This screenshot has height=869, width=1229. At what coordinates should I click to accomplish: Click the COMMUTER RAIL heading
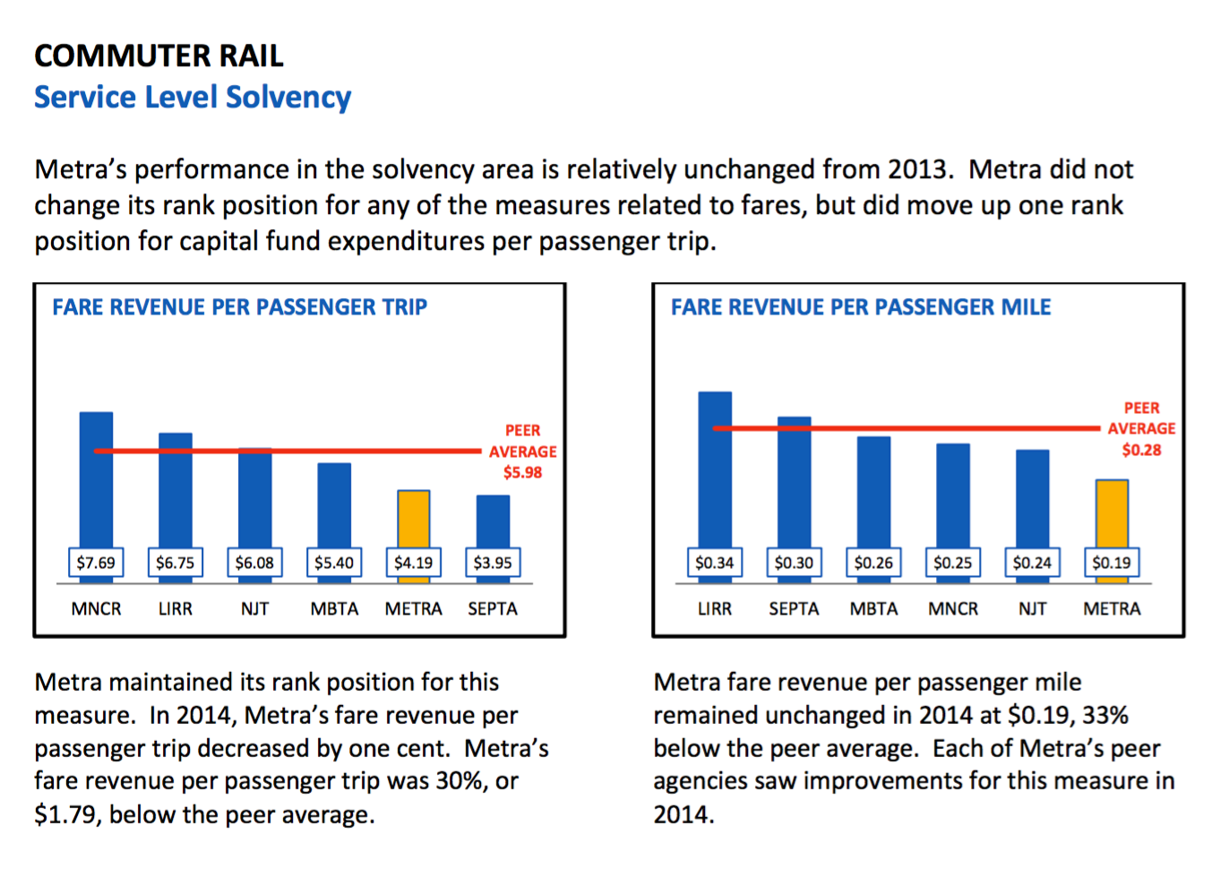point(159,56)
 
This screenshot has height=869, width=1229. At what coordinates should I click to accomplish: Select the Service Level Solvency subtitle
point(193,97)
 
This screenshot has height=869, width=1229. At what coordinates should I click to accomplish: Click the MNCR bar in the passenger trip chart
point(96,479)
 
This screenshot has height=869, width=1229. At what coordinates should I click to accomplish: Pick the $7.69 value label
point(96,563)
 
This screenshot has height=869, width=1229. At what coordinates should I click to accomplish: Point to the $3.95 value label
point(493,563)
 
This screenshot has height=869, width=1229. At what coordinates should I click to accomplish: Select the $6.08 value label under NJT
point(254,563)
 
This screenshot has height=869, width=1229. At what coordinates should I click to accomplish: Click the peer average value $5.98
point(522,472)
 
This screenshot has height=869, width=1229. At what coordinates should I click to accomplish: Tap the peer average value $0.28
point(1141,450)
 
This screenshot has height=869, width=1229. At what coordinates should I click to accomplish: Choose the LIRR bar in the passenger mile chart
point(715,469)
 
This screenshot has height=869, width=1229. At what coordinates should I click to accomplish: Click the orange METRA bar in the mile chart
point(1112,513)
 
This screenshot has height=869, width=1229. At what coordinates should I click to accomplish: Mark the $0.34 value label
point(715,563)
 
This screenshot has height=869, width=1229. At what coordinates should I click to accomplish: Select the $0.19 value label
point(1112,563)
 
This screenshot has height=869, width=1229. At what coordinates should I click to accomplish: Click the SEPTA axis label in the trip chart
point(493,609)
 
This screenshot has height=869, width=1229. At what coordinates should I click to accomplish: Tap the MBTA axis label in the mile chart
point(873,609)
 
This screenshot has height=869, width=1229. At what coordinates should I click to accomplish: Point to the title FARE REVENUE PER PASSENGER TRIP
point(239,307)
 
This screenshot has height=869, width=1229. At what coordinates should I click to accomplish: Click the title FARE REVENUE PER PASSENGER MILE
point(861,307)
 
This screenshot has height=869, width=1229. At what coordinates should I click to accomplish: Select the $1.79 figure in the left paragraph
point(65,815)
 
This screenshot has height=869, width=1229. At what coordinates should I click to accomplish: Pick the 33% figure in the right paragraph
point(1104,716)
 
